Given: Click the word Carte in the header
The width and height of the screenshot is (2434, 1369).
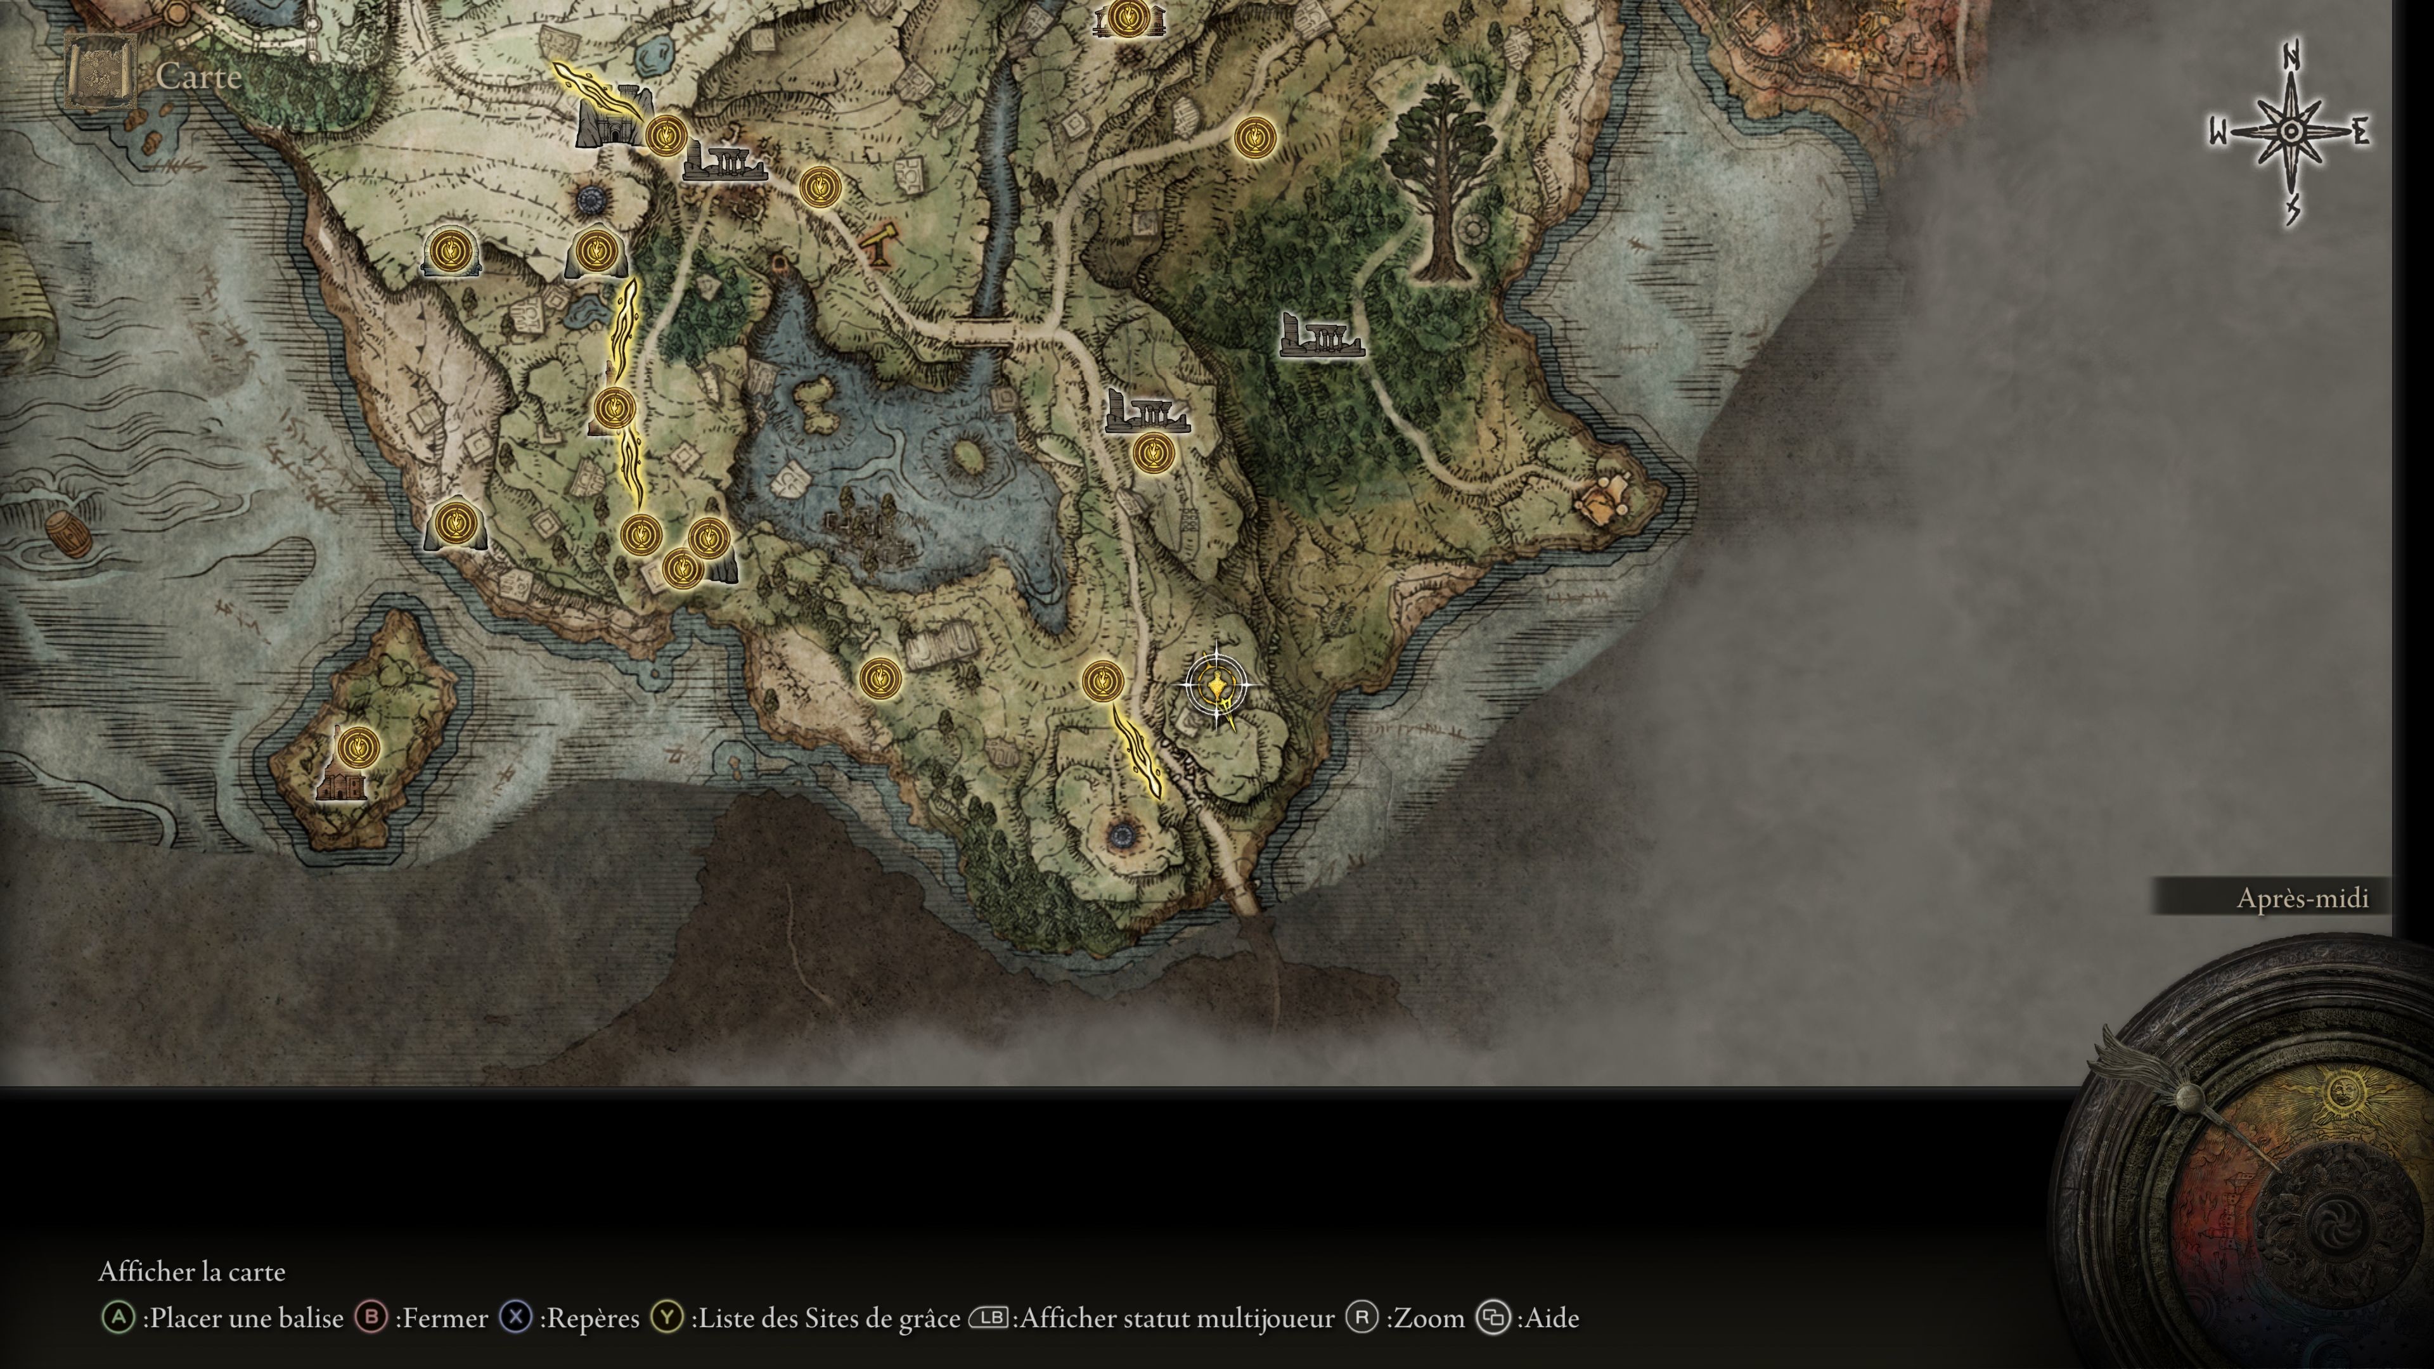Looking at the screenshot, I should point(198,75).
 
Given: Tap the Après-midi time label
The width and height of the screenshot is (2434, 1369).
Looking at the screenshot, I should point(2302,897).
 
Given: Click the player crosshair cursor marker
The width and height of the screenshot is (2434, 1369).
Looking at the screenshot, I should point(1217,686).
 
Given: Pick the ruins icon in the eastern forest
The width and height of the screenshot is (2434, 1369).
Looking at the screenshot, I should point(1321,337).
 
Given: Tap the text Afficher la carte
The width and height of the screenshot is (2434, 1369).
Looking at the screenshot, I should point(192,1271).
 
